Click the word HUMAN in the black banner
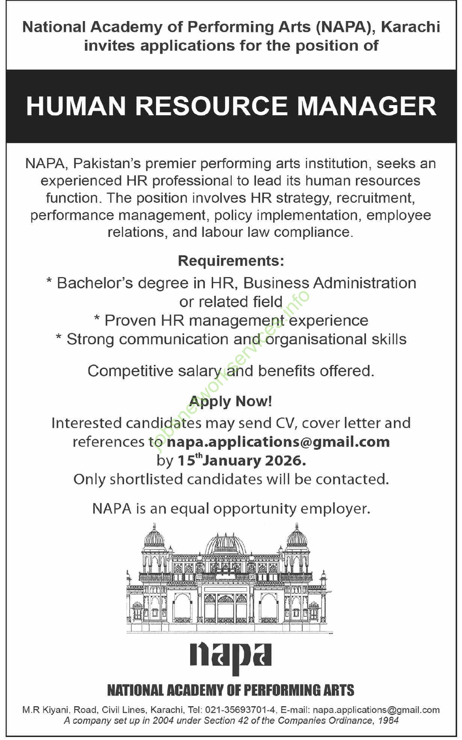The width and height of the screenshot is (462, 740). tap(75, 106)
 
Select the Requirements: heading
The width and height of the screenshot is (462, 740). tap(231, 261)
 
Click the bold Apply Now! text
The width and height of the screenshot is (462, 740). tap(231, 401)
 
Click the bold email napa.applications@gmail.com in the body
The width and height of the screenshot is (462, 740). tap(278, 442)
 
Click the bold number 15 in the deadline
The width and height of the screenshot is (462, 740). tap(186, 461)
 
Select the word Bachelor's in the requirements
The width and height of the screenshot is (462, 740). tap(95, 283)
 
